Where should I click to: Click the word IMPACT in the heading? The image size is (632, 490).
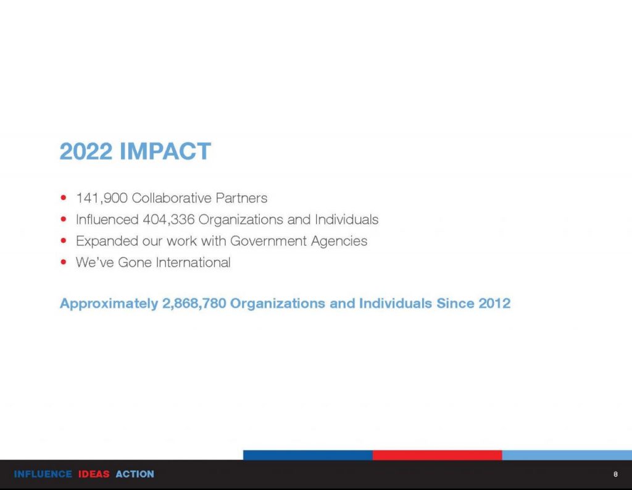pos(165,151)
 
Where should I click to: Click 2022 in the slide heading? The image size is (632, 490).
pos(86,151)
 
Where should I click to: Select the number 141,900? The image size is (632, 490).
pos(102,198)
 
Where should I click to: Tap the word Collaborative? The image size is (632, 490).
pos(172,198)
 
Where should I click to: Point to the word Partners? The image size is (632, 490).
pos(241,198)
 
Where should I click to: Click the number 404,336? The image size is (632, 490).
pos(168,220)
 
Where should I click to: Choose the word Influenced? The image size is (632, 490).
pos(107,220)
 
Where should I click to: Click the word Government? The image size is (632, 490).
pos(268,241)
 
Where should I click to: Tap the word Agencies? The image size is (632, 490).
pos(339,241)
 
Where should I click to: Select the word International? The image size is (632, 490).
pos(193,262)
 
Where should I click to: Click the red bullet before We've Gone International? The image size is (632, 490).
pos(64,262)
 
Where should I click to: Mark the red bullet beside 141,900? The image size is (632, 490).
pos(64,197)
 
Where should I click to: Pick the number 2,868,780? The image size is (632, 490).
pos(194,304)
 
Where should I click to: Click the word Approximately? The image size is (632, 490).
pos(109,304)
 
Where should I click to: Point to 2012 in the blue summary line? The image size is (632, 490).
pos(494,303)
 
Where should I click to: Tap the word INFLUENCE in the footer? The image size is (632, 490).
pos(43,474)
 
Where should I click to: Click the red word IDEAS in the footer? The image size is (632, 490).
pos(94,474)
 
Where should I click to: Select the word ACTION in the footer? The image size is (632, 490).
pos(135,474)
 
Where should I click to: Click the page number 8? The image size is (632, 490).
pos(615,474)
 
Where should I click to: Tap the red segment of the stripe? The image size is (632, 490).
pos(438,455)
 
